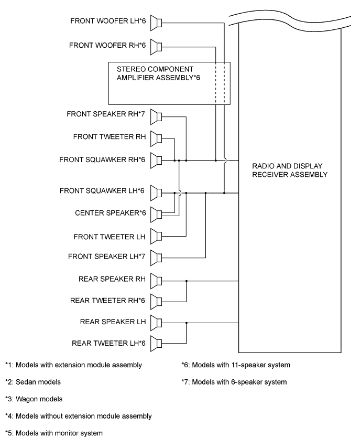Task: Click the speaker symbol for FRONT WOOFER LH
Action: click(x=157, y=23)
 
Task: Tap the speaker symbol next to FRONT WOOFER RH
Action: click(x=157, y=47)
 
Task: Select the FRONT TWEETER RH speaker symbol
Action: click(x=157, y=138)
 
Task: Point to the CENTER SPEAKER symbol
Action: click(x=157, y=214)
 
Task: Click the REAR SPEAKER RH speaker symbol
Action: click(x=157, y=280)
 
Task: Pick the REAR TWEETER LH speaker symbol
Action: click(x=157, y=344)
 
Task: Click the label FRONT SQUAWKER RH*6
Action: click(x=102, y=159)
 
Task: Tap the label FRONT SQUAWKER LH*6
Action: click(x=103, y=190)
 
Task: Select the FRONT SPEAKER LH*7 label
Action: click(x=107, y=256)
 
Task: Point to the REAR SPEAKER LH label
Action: click(x=113, y=321)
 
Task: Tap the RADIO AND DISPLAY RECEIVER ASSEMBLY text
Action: click(x=290, y=170)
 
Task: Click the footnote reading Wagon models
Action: click(x=33, y=399)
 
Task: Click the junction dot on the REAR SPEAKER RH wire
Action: click(x=187, y=281)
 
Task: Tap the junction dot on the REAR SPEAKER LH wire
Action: click(x=187, y=322)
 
